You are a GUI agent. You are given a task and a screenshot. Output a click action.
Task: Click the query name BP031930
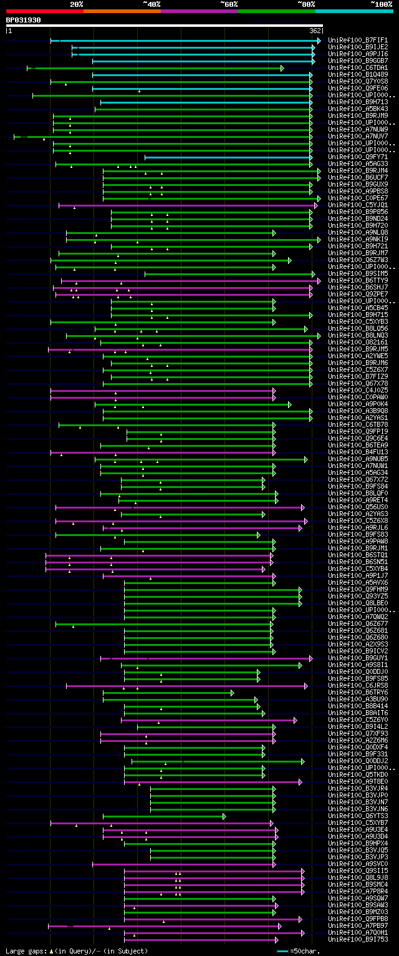[24, 20]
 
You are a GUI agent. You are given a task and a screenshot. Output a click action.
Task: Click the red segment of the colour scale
[44, 11]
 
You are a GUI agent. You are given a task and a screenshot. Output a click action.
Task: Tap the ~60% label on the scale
[229, 4]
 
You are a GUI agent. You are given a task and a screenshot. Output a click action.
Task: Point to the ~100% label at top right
[381, 4]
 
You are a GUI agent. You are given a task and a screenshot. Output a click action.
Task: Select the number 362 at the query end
[315, 31]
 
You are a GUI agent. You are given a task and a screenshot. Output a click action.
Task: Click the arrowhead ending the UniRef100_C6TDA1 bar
[282, 68]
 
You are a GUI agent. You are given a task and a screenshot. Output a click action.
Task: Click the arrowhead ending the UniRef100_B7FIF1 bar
[319, 41]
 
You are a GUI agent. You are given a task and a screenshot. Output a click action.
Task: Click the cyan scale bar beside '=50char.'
[283, 951]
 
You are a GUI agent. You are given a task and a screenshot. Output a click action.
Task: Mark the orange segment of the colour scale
[122, 11]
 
